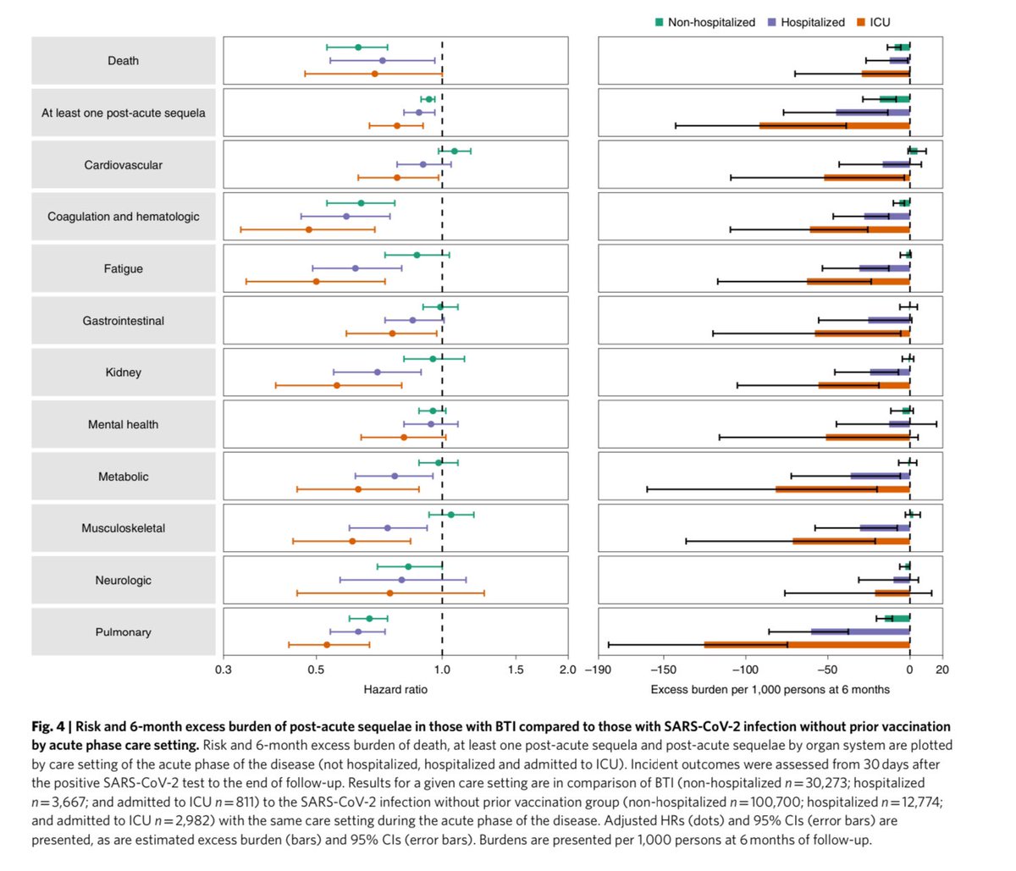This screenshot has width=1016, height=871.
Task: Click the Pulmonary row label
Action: click(x=124, y=632)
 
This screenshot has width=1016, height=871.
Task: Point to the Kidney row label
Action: click(x=124, y=372)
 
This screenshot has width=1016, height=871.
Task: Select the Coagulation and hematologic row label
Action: click(x=124, y=217)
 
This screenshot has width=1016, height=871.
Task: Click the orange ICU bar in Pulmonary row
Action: click(x=807, y=645)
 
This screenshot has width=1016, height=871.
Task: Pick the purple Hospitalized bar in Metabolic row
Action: click(x=880, y=477)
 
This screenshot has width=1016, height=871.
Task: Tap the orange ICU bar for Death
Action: click(x=886, y=74)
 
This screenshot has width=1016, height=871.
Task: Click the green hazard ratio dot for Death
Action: click(x=358, y=47)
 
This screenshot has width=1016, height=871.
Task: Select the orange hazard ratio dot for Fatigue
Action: click(x=316, y=282)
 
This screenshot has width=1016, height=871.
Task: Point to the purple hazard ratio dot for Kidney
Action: click(x=378, y=372)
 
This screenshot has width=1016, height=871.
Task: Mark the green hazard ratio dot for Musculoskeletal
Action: click(x=450, y=515)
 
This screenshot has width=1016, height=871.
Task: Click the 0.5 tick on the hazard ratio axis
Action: click(x=316, y=670)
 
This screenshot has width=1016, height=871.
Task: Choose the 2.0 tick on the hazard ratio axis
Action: click(x=568, y=670)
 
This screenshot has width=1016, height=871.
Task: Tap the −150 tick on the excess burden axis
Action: click(x=662, y=670)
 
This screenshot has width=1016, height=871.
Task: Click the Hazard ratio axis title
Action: click(x=395, y=690)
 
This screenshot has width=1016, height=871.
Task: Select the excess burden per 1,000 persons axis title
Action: click(x=770, y=690)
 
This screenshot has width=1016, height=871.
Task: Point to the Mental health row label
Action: click(x=124, y=425)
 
